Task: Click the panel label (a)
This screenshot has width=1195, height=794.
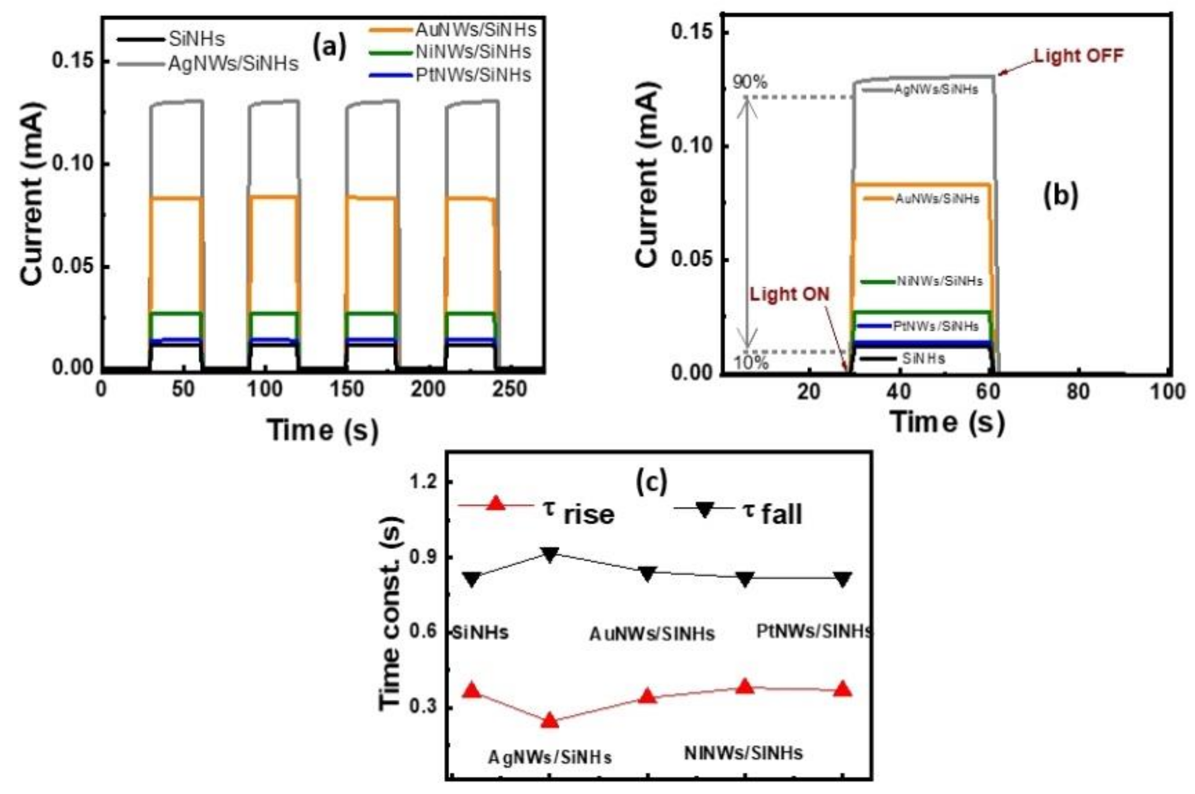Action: tap(330, 47)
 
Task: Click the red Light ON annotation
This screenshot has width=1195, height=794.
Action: tap(790, 294)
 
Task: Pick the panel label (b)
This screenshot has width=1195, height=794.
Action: tap(1061, 197)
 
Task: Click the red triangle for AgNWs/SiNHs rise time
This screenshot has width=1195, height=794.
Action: tap(550, 721)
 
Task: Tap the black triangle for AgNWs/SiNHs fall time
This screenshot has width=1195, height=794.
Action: tap(550, 554)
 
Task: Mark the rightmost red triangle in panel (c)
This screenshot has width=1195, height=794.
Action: tap(843, 690)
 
